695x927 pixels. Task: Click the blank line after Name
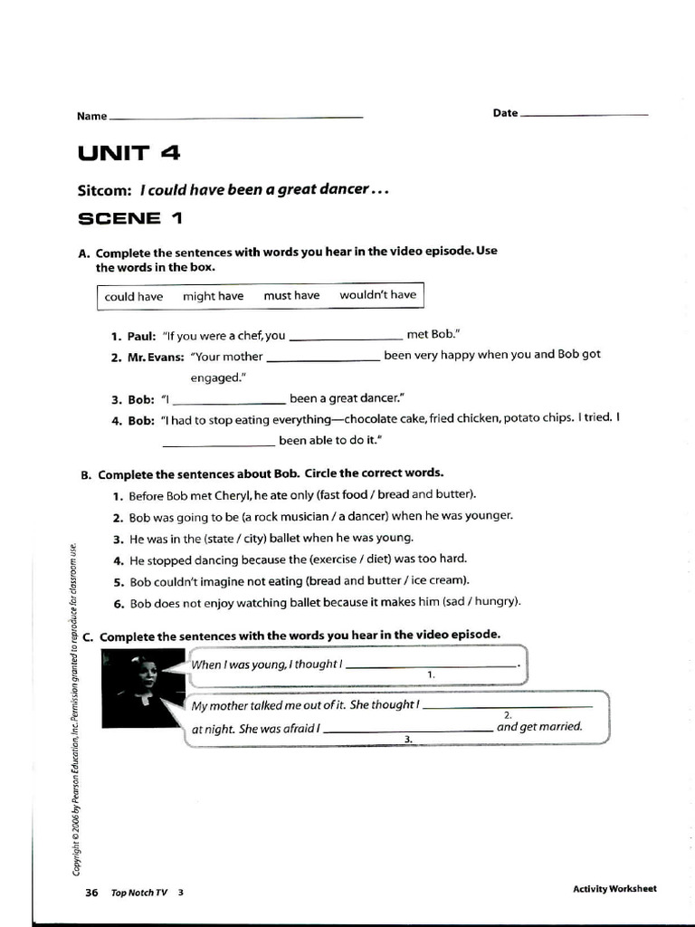click(x=235, y=117)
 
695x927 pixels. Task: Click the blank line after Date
click(x=585, y=115)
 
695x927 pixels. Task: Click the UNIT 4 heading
click(x=129, y=153)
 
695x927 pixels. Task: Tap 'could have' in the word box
click(x=134, y=297)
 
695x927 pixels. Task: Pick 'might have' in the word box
click(x=214, y=296)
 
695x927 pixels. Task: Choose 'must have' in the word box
click(x=291, y=296)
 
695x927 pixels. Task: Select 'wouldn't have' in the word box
click(x=377, y=295)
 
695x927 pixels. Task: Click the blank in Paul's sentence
click(x=346, y=337)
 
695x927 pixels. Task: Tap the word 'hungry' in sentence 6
click(x=495, y=602)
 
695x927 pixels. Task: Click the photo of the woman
click(x=144, y=689)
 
